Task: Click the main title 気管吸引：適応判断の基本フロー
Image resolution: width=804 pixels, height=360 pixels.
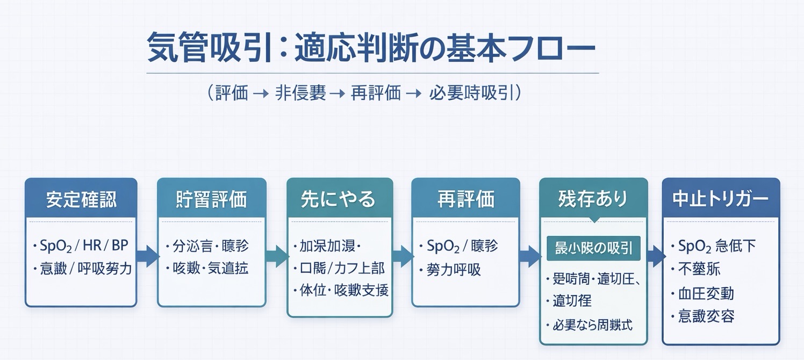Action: point(371,49)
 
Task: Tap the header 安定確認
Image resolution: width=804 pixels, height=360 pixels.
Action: point(81,199)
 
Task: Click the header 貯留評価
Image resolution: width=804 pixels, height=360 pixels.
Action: point(211,199)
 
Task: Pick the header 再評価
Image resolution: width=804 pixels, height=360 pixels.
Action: point(465,199)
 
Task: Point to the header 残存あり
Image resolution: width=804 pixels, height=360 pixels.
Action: point(593,199)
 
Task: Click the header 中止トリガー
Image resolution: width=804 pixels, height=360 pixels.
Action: point(720,199)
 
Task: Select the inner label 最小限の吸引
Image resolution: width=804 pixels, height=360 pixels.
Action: point(593,248)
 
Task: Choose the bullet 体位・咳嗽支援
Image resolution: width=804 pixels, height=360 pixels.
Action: point(341,291)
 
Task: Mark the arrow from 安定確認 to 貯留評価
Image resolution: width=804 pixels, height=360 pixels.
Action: point(147,256)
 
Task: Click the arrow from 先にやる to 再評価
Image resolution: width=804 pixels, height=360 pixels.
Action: point(402,256)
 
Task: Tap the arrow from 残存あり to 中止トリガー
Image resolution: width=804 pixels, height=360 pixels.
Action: point(655,256)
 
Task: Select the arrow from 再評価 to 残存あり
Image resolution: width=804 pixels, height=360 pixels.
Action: point(529,256)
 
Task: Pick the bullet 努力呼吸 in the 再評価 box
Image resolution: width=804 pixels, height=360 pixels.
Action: point(449,269)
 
